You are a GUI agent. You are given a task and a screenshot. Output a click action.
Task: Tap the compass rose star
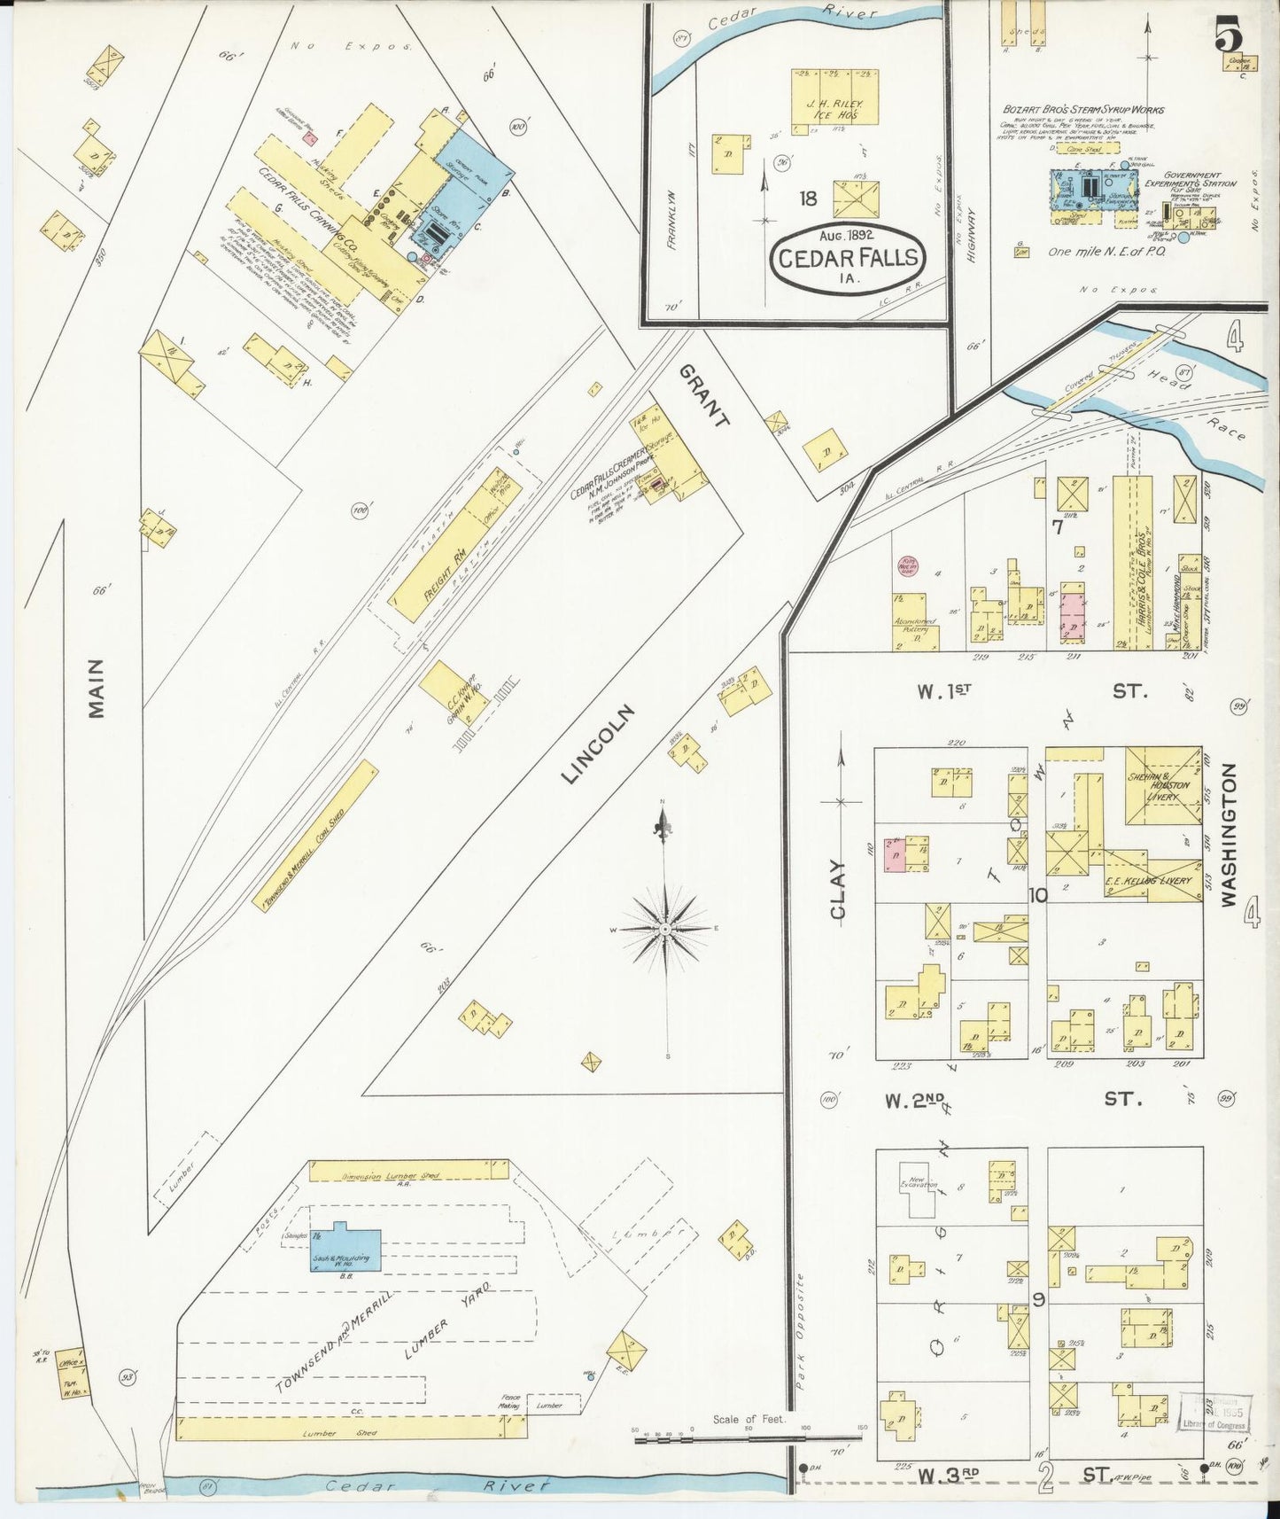coord(664,928)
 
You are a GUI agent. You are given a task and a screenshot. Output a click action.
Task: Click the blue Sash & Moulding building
coord(345,1250)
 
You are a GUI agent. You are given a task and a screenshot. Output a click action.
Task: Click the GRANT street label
coord(705,396)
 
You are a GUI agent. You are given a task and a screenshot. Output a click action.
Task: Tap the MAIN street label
coord(96,687)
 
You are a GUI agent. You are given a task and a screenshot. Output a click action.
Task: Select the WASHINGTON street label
coord(1228,835)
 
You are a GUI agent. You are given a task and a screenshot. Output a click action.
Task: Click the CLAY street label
coord(838,889)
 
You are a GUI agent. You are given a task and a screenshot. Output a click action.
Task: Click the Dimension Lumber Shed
coord(408,1170)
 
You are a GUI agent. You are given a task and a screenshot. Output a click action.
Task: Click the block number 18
coord(807,198)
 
